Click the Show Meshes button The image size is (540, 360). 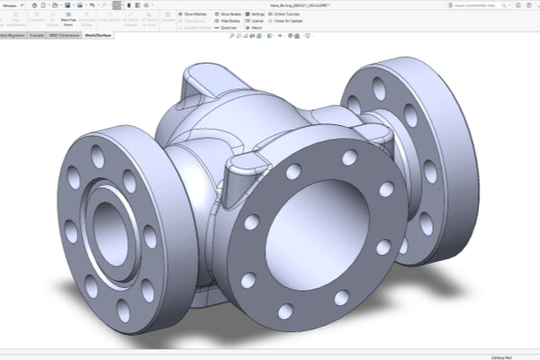pyautogui.click(x=196, y=15)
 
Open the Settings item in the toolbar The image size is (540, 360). pyautogui.click(x=256, y=15)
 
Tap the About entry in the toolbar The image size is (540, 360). pyautogui.click(x=256, y=28)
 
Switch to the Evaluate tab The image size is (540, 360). pyautogui.click(x=37, y=35)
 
